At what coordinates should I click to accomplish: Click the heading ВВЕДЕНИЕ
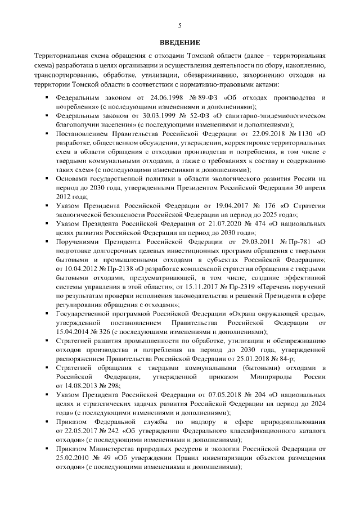point(180,42)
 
